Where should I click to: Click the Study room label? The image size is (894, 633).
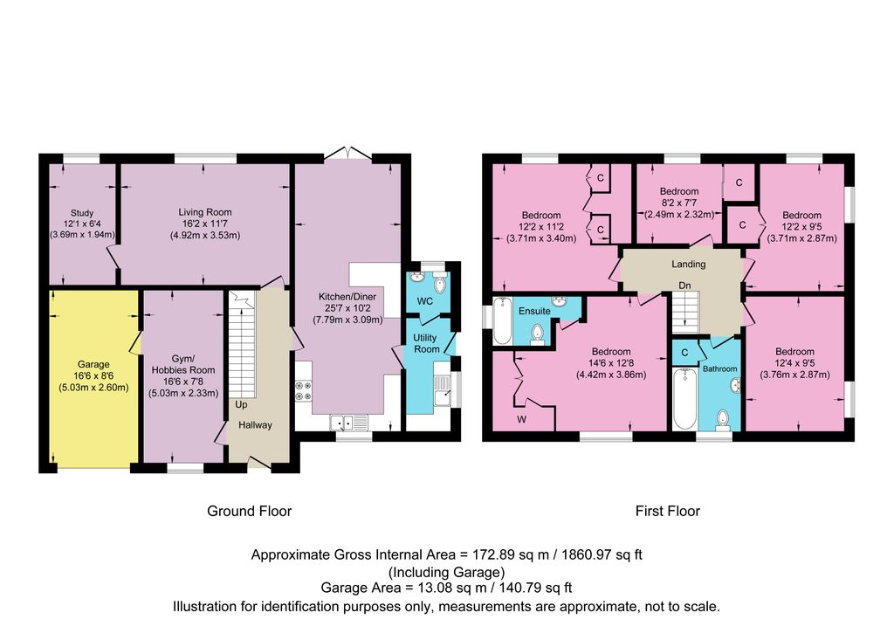click(82, 212)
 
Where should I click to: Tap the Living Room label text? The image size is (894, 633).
click(205, 212)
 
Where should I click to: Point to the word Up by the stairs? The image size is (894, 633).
click(240, 406)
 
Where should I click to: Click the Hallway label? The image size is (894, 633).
click(257, 425)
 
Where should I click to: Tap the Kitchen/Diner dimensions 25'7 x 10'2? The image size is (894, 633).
click(347, 308)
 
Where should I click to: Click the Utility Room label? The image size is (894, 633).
click(426, 343)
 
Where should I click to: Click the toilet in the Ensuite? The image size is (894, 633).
click(538, 334)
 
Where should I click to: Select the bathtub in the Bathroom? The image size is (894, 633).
click(683, 399)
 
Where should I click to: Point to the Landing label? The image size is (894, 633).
click(688, 264)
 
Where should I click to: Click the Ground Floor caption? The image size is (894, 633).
click(249, 511)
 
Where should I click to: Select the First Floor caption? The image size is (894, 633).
click(667, 511)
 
